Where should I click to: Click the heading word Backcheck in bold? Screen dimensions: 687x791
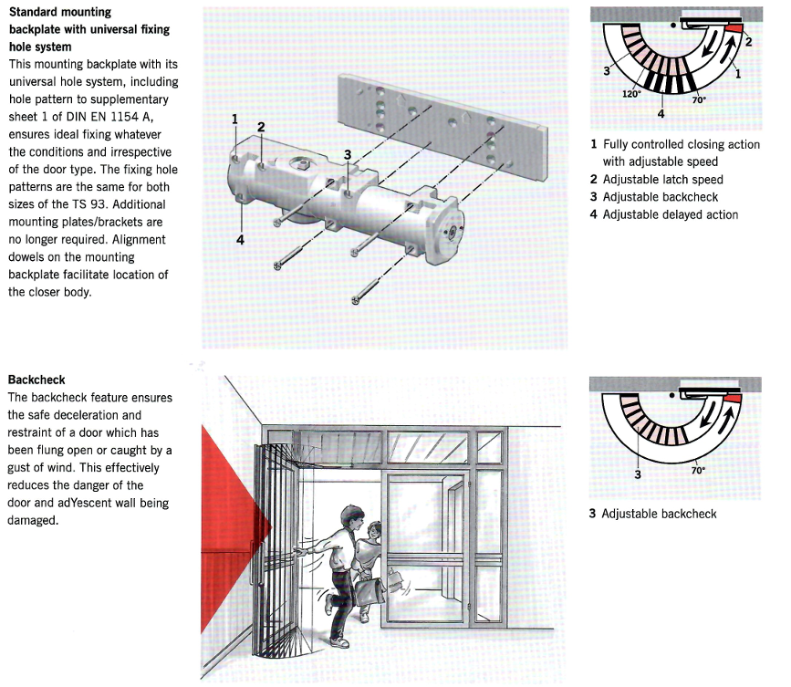36,379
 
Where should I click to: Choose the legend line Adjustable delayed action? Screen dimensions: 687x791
670,214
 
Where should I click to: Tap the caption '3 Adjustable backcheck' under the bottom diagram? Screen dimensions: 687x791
652,514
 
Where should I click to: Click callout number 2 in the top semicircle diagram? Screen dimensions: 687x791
747,43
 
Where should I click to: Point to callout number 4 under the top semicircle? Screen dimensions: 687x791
661,114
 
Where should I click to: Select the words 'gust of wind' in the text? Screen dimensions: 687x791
41,467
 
